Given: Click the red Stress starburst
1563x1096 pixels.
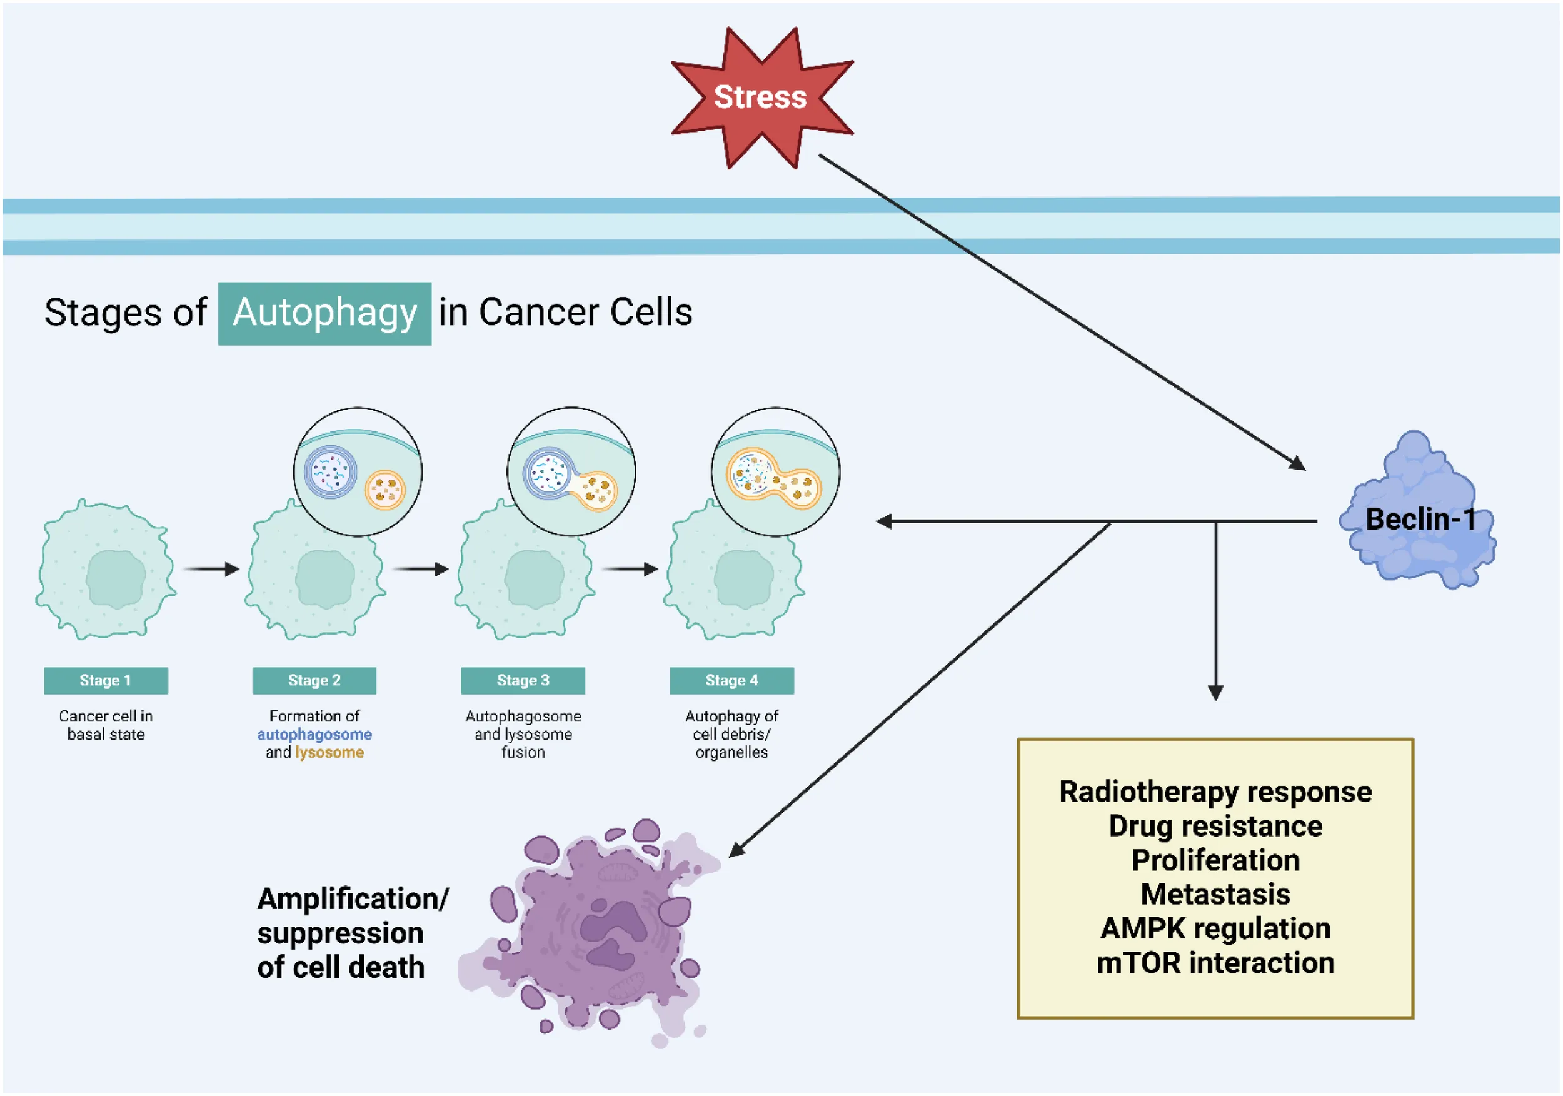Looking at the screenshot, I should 761,98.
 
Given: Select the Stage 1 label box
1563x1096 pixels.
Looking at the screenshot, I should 106,680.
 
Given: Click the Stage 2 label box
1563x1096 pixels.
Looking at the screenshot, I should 314,680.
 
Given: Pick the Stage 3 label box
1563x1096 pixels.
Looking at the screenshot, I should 522,680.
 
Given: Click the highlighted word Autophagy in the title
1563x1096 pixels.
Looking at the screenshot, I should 324,313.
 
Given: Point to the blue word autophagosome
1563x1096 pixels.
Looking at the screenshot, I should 314,734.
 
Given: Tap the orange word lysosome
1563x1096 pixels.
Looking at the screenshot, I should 329,752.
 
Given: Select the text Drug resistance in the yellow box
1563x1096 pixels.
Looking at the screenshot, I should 1215,826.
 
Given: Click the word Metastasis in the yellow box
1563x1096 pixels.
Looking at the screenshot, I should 1215,894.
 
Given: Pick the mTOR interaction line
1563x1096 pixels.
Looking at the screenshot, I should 1215,963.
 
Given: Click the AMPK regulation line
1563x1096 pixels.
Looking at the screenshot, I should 1215,928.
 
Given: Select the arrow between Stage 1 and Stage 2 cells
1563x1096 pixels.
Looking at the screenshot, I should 212,568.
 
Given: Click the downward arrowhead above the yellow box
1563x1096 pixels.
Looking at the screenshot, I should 1215,692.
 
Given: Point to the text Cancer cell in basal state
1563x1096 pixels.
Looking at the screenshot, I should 106,725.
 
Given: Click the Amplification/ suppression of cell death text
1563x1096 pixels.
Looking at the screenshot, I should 351,933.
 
